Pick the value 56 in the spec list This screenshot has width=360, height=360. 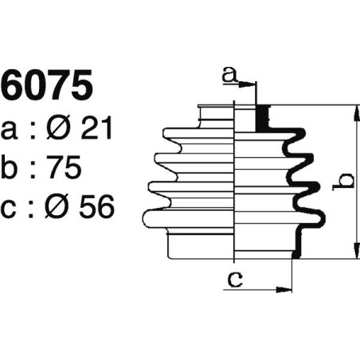(96, 209)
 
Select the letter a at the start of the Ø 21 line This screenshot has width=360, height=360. (10, 131)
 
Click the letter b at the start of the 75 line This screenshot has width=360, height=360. (11, 168)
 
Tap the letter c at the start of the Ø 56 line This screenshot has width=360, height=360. (10, 210)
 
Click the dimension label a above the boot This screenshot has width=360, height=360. (229, 75)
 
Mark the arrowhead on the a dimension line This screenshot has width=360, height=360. (252, 84)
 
